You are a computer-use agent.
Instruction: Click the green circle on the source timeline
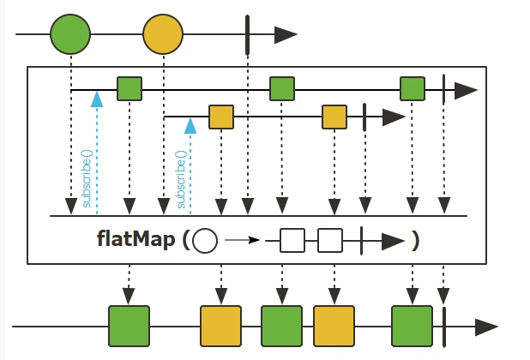[x=70, y=34]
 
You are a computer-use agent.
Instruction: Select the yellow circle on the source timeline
[x=163, y=34]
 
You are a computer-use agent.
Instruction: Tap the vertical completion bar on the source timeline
[x=247, y=34]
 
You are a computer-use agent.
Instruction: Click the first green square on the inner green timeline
[x=129, y=88]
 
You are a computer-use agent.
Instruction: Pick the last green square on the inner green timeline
[x=413, y=88]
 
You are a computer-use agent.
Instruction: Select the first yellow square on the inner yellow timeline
[x=221, y=116]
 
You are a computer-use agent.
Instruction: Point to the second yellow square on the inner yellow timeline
[x=334, y=116]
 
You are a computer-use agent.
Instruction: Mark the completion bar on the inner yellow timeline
[x=365, y=116]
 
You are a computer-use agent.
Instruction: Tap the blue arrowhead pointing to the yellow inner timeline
[x=190, y=125]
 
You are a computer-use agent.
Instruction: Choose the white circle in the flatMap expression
[x=205, y=241]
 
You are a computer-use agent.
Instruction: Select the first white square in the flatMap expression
[x=292, y=241]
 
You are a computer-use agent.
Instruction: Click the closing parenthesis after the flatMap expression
[x=415, y=241]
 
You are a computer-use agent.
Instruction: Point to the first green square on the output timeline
[x=129, y=326]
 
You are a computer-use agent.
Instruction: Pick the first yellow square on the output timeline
[x=221, y=326]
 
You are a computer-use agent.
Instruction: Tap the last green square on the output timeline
[x=413, y=326]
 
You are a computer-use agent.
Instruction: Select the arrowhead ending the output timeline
[x=486, y=327]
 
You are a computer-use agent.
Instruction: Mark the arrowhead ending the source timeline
[x=286, y=34]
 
